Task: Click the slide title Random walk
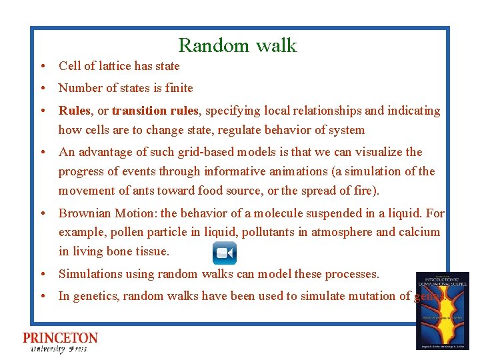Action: coord(237,45)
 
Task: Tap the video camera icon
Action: coord(225,253)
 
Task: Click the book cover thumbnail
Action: coord(442,311)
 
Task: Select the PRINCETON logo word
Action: coord(60,338)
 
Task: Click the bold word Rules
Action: coord(74,111)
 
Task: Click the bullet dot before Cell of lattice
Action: coord(42,66)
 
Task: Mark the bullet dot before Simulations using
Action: coord(42,274)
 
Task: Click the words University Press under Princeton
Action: coord(59,349)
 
